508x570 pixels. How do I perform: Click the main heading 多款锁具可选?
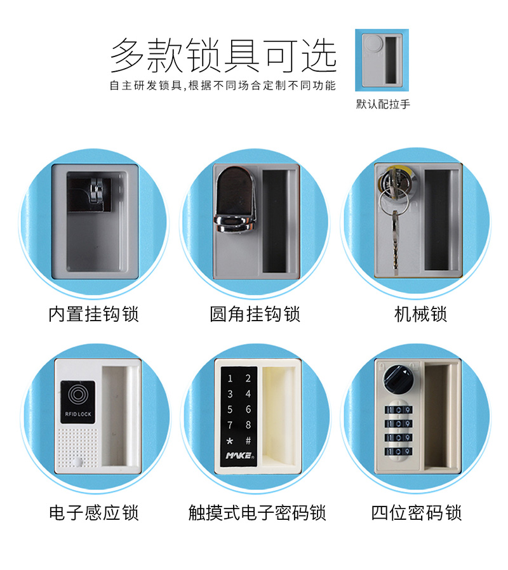[x=222, y=56]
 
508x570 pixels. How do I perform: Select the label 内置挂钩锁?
[x=93, y=314]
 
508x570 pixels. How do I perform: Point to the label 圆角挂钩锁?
[x=255, y=314]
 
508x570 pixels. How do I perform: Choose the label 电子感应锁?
[x=93, y=512]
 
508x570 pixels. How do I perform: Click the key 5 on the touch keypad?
[x=230, y=409]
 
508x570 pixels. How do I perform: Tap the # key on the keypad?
[x=248, y=441]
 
